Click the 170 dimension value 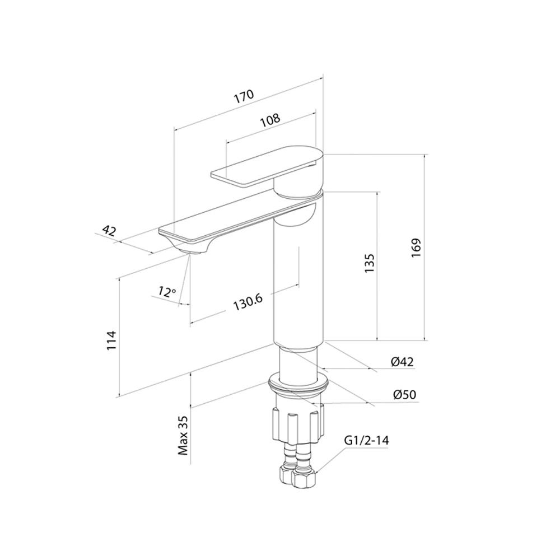244,96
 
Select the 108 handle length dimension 270,120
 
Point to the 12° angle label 167,292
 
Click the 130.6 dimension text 248,302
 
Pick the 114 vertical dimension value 112,340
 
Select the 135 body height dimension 369,263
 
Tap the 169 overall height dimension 416,248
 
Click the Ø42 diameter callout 402,362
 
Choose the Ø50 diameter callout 405,395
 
